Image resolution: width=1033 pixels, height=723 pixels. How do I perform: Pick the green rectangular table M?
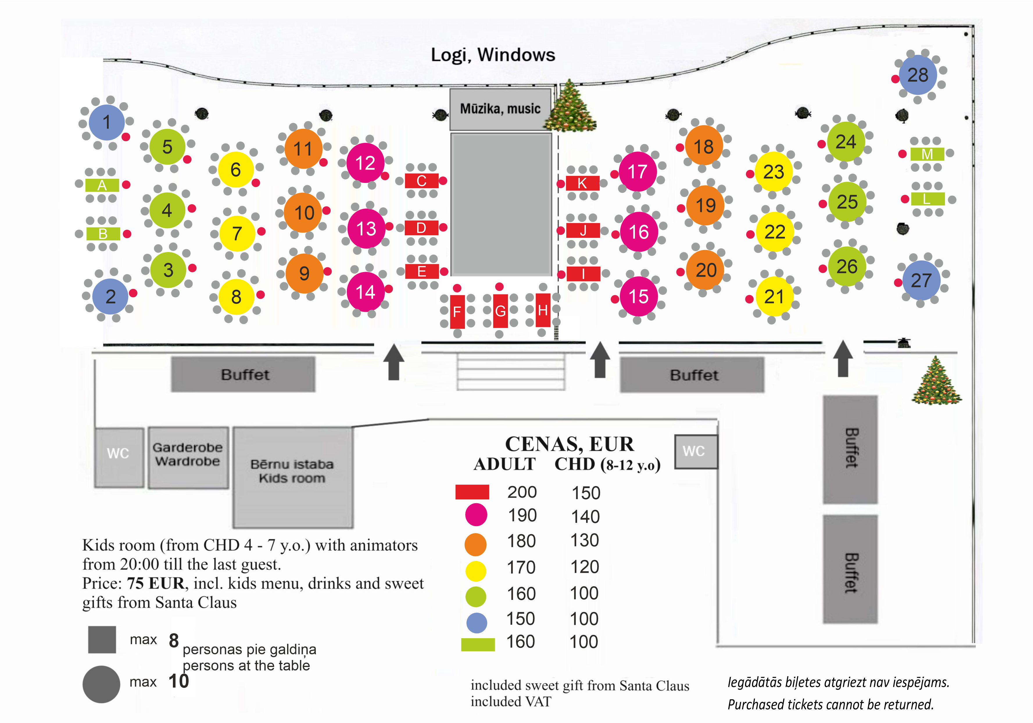pyautogui.click(x=927, y=154)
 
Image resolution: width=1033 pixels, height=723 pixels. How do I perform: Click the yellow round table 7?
pyautogui.click(x=237, y=233)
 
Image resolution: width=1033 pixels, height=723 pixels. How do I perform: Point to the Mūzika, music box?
pyautogui.click(x=500, y=109)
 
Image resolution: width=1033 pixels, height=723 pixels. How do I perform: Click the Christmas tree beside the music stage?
pyautogui.click(x=570, y=106)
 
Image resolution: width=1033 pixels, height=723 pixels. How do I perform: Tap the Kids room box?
pyautogui.click(x=292, y=477)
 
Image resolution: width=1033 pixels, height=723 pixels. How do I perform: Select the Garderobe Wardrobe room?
pyautogui.click(x=188, y=457)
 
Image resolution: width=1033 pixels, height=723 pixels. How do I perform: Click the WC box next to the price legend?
pyautogui.click(x=696, y=452)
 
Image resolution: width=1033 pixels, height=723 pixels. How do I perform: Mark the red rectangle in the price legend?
pyautogui.click(x=472, y=492)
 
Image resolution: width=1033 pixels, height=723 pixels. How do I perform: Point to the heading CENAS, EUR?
pyautogui.click(x=569, y=444)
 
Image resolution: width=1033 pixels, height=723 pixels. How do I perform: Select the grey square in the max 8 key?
pyautogui.click(x=102, y=639)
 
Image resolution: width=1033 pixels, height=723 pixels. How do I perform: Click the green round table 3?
pyautogui.click(x=168, y=270)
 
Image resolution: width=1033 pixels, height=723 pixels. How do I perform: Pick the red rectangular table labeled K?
pyautogui.click(x=582, y=183)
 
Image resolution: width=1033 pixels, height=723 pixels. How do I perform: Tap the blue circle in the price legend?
pyautogui.click(x=477, y=623)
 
